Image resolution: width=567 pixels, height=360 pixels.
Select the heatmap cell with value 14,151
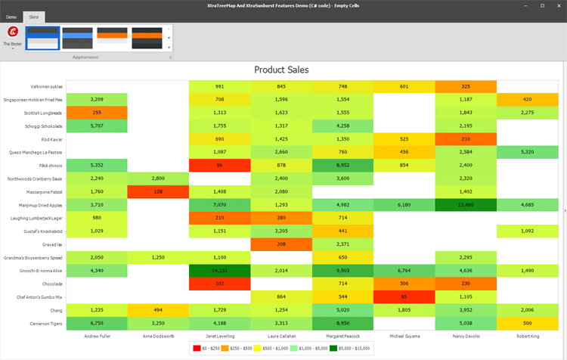tap(219, 270)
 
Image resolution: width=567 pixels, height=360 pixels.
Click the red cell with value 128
tap(158, 191)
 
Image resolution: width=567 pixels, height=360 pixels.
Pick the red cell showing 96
tap(219, 165)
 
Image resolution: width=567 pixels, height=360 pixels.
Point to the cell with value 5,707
tap(97, 126)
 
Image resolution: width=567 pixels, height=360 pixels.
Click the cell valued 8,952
tap(342, 165)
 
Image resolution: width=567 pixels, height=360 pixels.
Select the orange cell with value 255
tap(97, 112)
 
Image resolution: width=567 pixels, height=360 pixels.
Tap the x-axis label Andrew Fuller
tap(97, 335)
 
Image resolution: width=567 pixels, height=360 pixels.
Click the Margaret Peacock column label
tap(342, 335)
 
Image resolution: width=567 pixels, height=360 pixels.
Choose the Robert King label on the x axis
tap(527, 335)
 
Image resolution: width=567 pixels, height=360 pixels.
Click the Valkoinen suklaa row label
tap(46, 86)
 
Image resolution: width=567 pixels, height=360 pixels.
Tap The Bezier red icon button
tap(13, 32)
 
